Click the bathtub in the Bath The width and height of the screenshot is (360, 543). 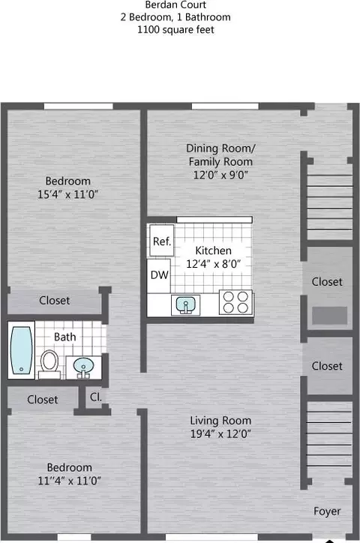[x=21, y=350]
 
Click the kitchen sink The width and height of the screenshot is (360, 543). [x=184, y=304]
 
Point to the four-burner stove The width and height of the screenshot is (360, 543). [x=235, y=302]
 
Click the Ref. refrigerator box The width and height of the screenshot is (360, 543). [x=162, y=241]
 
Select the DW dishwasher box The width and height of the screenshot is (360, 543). [x=158, y=275]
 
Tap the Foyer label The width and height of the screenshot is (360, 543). [x=327, y=511]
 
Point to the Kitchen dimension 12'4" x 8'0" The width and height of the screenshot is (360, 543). [x=214, y=264]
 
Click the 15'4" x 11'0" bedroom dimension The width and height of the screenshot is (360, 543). [x=67, y=194]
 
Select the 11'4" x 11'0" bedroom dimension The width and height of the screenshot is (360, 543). [x=67, y=481]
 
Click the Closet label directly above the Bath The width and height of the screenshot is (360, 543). [x=55, y=300]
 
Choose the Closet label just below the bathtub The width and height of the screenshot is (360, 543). [x=42, y=400]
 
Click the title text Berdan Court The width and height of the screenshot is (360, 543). [x=180, y=4]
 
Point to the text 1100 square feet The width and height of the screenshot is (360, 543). [x=180, y=30]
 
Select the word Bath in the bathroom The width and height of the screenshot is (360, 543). [x=64, y=337]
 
